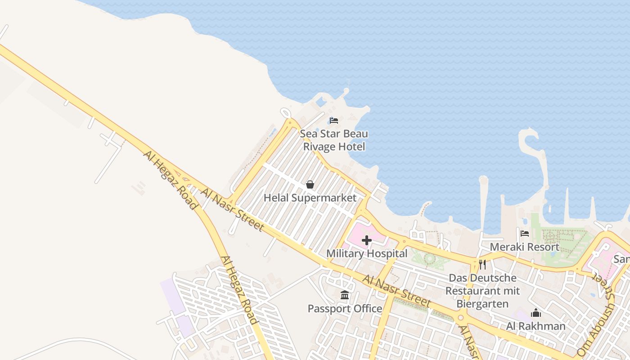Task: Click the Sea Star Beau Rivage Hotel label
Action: click(x=334, y=140)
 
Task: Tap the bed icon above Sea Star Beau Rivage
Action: click(x=334, y=121)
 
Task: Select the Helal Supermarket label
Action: click(x=310, y=198)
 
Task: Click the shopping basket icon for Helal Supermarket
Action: click(x=310, y=184)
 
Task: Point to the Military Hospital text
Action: click(x=367, y=253)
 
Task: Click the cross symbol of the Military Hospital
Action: click(x=367, y=241)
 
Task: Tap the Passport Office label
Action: click(x=345, y=309)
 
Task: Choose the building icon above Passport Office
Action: click(x=345, y=295)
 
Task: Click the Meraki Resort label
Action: click(x=524, y=247)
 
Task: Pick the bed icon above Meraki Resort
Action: click(x=525, y=234)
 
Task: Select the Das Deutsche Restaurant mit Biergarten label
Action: click(x=482, y=291)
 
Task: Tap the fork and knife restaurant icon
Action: click(x=482, y=264)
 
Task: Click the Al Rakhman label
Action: click(x=535, y=326)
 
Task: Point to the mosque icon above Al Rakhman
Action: click(x=535, y=313)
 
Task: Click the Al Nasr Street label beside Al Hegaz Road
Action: click(x=232, y=210)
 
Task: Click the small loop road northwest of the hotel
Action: click(x=285, y=113)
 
